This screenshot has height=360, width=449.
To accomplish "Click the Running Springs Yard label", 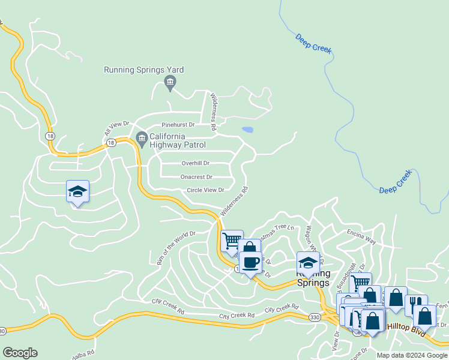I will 144,70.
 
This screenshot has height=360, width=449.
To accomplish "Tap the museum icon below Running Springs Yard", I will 170,82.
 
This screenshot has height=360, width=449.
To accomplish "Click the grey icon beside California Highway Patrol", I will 142,139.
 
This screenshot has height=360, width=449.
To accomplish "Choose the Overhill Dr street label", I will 195,163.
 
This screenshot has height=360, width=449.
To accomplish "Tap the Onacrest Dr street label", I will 196,177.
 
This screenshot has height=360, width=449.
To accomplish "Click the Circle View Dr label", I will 205,190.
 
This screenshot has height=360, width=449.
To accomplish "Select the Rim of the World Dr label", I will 176,248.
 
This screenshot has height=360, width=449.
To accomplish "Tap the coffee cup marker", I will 250,263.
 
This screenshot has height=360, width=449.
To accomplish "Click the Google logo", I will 20,353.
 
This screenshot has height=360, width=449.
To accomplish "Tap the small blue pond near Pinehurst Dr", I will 247,130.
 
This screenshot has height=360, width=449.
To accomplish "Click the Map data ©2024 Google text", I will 412,355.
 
